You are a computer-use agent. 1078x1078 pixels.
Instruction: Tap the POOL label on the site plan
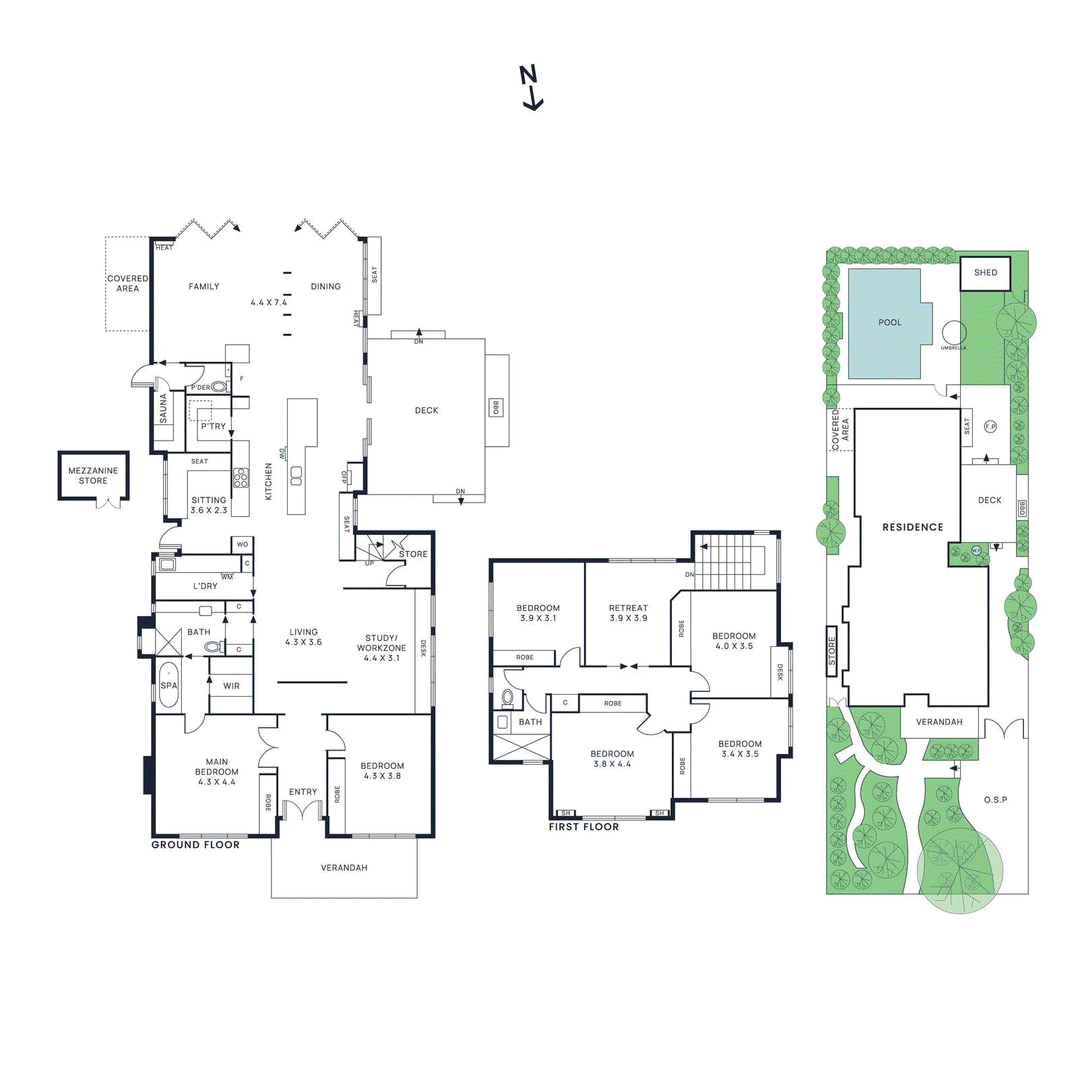pos(889,323)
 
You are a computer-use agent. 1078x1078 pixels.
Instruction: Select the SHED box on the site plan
pos(985,273)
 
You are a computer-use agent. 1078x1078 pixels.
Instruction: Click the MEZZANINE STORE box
pos(93,476)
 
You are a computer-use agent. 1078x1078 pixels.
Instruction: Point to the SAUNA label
pos(163,408)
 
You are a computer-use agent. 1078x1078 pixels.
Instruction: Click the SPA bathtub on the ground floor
pos(168,685)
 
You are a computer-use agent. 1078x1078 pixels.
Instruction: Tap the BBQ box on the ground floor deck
pos(496,408)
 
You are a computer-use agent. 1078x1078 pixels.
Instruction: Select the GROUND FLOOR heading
pos(195,845)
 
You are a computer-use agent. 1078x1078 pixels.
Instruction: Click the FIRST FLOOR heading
pos(583,827)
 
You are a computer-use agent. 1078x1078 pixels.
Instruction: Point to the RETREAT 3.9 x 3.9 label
pos(628,612)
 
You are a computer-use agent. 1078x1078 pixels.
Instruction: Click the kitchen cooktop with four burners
pos(241,477)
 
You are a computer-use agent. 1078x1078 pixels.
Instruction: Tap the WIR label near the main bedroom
pos(231,686)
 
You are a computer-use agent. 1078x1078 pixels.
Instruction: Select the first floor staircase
pos(731,561)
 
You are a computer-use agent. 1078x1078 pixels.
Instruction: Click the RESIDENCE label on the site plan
pos(912,527)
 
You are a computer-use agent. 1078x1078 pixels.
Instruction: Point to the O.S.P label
pos(995,800)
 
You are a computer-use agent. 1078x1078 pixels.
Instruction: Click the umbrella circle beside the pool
pos(953,333)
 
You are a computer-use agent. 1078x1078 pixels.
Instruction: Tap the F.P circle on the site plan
pos(990,426)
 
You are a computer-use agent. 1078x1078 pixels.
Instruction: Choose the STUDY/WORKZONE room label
pos(381,647)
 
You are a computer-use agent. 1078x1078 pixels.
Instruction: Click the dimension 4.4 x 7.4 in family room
pos(268,303)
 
